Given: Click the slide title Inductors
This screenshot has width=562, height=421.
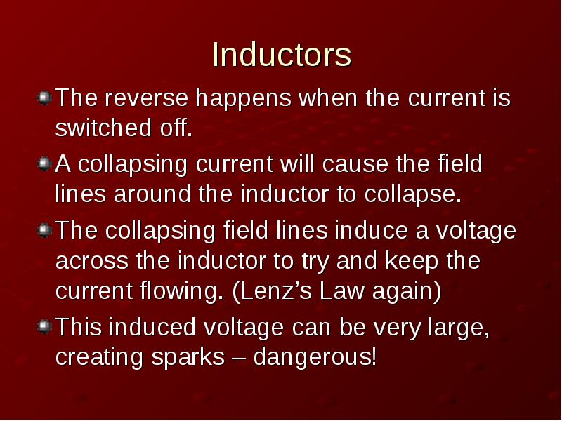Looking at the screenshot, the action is click(x=282, y=55).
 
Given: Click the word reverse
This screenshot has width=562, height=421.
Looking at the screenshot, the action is click(x=146, y=98).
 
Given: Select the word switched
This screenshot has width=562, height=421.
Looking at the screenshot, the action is click(x=103, y=128).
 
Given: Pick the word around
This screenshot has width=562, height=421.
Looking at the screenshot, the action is click(x=152, y=194).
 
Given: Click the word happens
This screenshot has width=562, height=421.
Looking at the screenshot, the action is click(x=243, y=98).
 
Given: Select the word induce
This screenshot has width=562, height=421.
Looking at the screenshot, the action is click(x=371, y=230).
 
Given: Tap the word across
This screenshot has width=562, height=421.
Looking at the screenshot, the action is click(x=92, y=260).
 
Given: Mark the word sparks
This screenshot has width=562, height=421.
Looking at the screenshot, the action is click(x=188, y=357).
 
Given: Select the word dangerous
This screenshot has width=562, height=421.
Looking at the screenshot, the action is click(x=315, y=357).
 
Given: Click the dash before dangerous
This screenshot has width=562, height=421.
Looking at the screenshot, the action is click(x=239, y=358).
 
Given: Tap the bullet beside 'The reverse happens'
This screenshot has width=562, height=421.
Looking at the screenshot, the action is click(x=44, y=98).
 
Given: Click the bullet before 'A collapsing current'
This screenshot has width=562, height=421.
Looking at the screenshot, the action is click(x=44, y=164).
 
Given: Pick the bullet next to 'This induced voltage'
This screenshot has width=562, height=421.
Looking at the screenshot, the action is click(x=44, y=327).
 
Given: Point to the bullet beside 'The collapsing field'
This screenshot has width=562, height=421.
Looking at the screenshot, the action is click(x=44, y=230).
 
